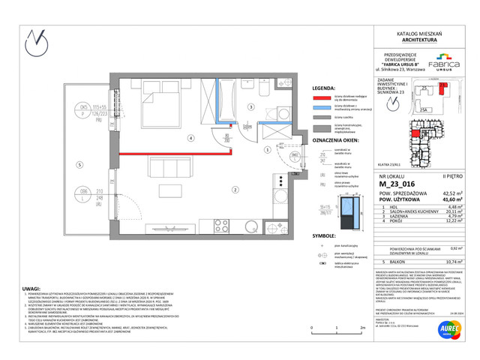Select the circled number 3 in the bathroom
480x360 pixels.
click(x=251, y=107)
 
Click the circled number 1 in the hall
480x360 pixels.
click(x=266, y=149)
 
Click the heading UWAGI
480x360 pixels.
click(x=31, y=287)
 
